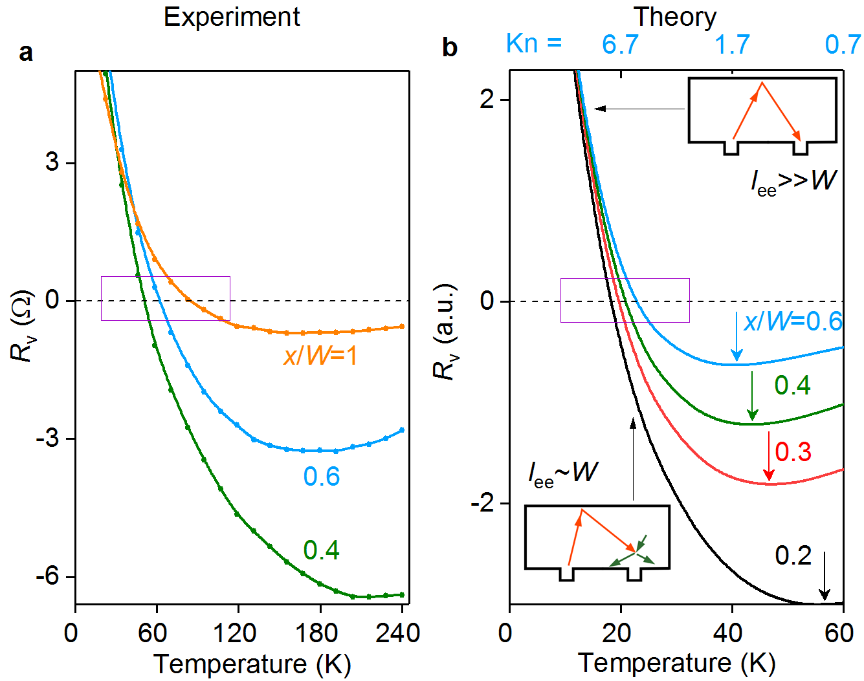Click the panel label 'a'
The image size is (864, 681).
pos(26,52)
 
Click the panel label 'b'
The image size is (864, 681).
pos(450,47)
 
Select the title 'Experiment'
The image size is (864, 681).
pos(232,17)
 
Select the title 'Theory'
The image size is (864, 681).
pos(675,17)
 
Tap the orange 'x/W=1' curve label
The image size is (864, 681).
pos(320,356)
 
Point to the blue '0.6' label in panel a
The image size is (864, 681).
pos(322,477)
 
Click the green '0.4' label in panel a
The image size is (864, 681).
pos(322,550)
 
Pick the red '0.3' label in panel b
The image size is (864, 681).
pos(793,452)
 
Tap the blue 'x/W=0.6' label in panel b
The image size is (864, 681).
pos(793,321)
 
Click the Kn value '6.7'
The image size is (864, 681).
pos(620,45)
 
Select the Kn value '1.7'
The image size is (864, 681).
pos(732,45)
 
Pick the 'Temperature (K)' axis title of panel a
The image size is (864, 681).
pos(252,664)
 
